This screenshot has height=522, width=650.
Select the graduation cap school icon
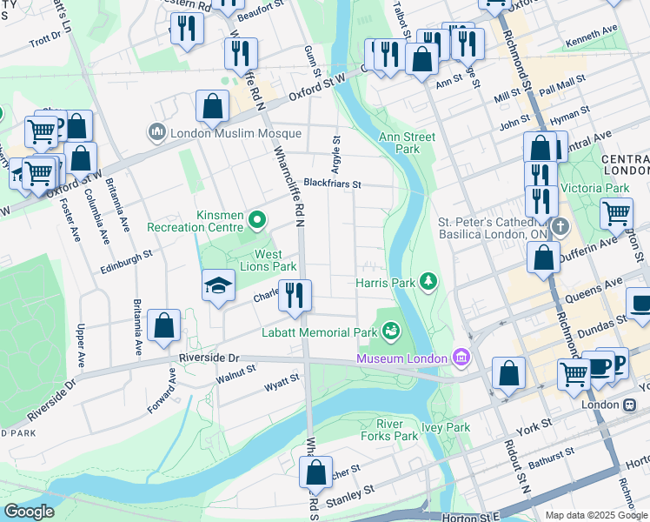[x=218, y=284]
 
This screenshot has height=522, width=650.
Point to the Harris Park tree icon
[x=427, y=281]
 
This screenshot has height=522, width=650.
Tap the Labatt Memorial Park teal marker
[x=391, y=331]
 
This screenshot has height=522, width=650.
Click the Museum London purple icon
[x=461, y=358]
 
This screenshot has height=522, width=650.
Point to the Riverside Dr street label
[x=209, y=358]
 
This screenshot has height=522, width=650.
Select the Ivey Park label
[x=446, y=427]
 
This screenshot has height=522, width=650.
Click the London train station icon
[x=628, y=405]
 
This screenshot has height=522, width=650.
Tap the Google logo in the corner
[x=29, y=512]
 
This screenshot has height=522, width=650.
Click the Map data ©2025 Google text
[x=596, y=515]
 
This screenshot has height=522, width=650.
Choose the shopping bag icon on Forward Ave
[x=164, y=326]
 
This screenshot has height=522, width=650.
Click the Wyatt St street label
[x=282, y=380]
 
